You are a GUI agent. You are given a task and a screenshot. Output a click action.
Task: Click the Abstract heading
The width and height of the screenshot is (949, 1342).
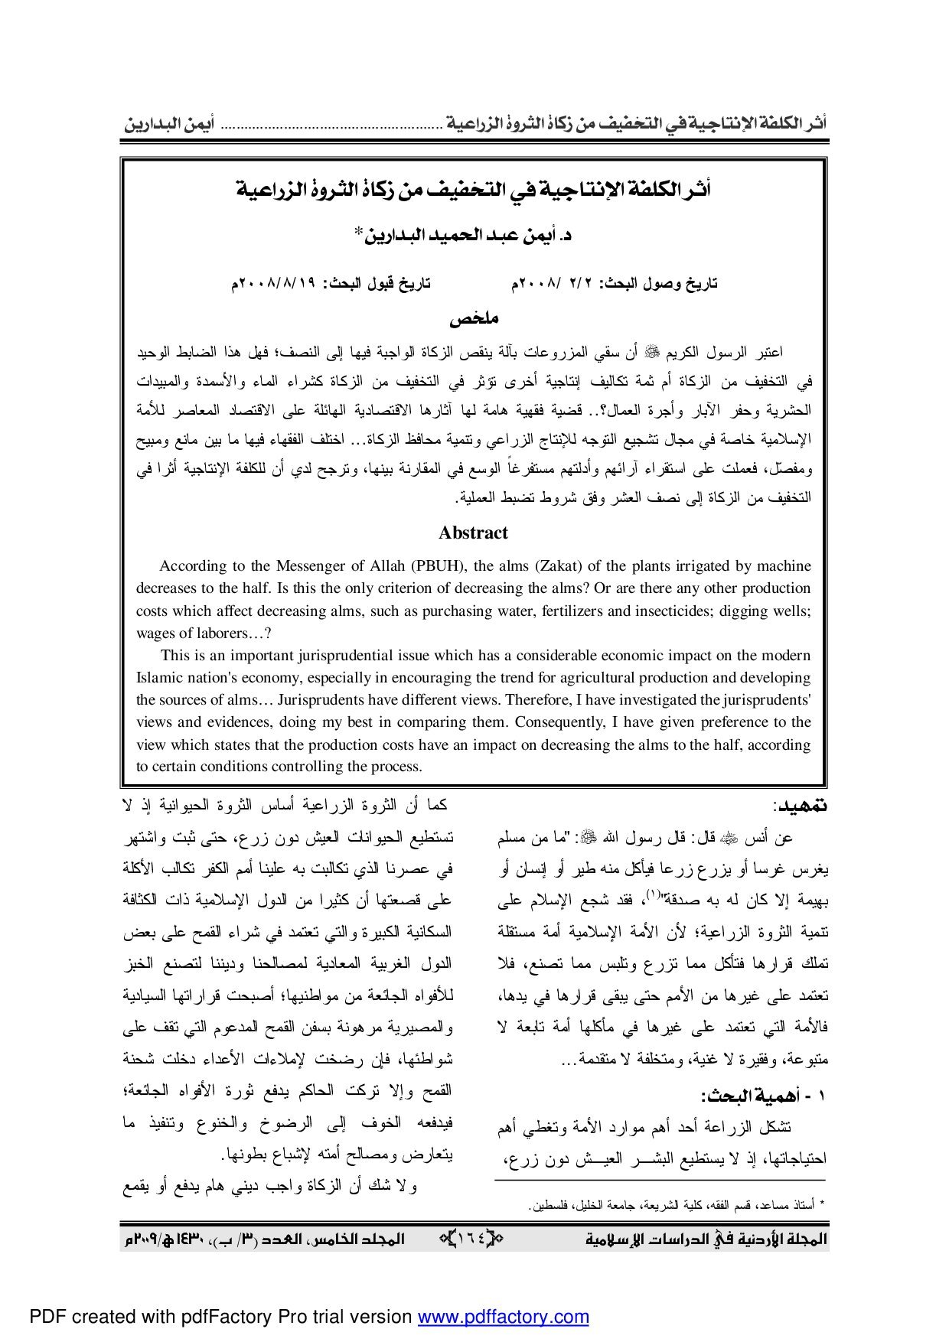(473, 533)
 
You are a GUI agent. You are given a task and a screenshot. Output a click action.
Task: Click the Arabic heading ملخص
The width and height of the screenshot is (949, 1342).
(474, 318)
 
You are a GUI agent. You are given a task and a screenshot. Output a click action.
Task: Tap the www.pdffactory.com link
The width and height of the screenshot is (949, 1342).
(503, 1317)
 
